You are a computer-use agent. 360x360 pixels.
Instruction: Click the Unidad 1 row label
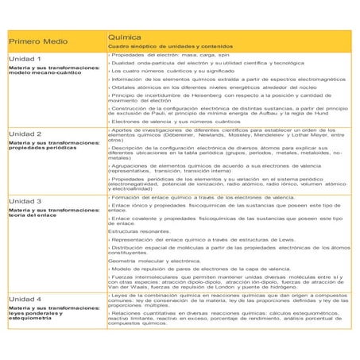(25, 60)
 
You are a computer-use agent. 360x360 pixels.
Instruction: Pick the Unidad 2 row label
(25, 134)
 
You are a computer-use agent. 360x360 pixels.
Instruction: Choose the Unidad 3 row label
(25, 201)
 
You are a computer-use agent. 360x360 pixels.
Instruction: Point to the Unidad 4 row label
(25, 299)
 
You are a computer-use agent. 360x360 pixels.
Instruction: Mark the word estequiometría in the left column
(33, 319)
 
